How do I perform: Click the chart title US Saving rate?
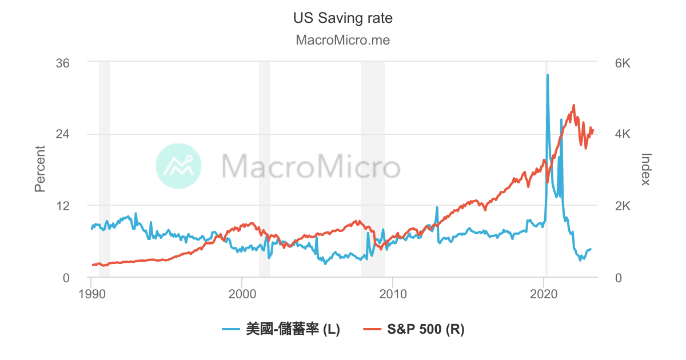[342, 18]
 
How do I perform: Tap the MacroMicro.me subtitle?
[342, 41]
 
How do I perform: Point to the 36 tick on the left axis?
[62, 63]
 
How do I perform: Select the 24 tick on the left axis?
[62, 134]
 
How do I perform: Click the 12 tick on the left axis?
[62, 206]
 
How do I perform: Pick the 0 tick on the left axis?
[66, 278]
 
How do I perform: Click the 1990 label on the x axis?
[91, 295]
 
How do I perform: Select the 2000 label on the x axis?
[242, 295]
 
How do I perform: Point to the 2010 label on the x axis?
[393, 295]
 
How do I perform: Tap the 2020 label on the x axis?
[544, 295]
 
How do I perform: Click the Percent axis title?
[40, 169]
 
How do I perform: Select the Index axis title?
[646, 169]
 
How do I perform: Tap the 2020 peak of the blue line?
[547, 75]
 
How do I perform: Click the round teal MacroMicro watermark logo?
[178, 166]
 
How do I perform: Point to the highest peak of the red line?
[573, 105]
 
